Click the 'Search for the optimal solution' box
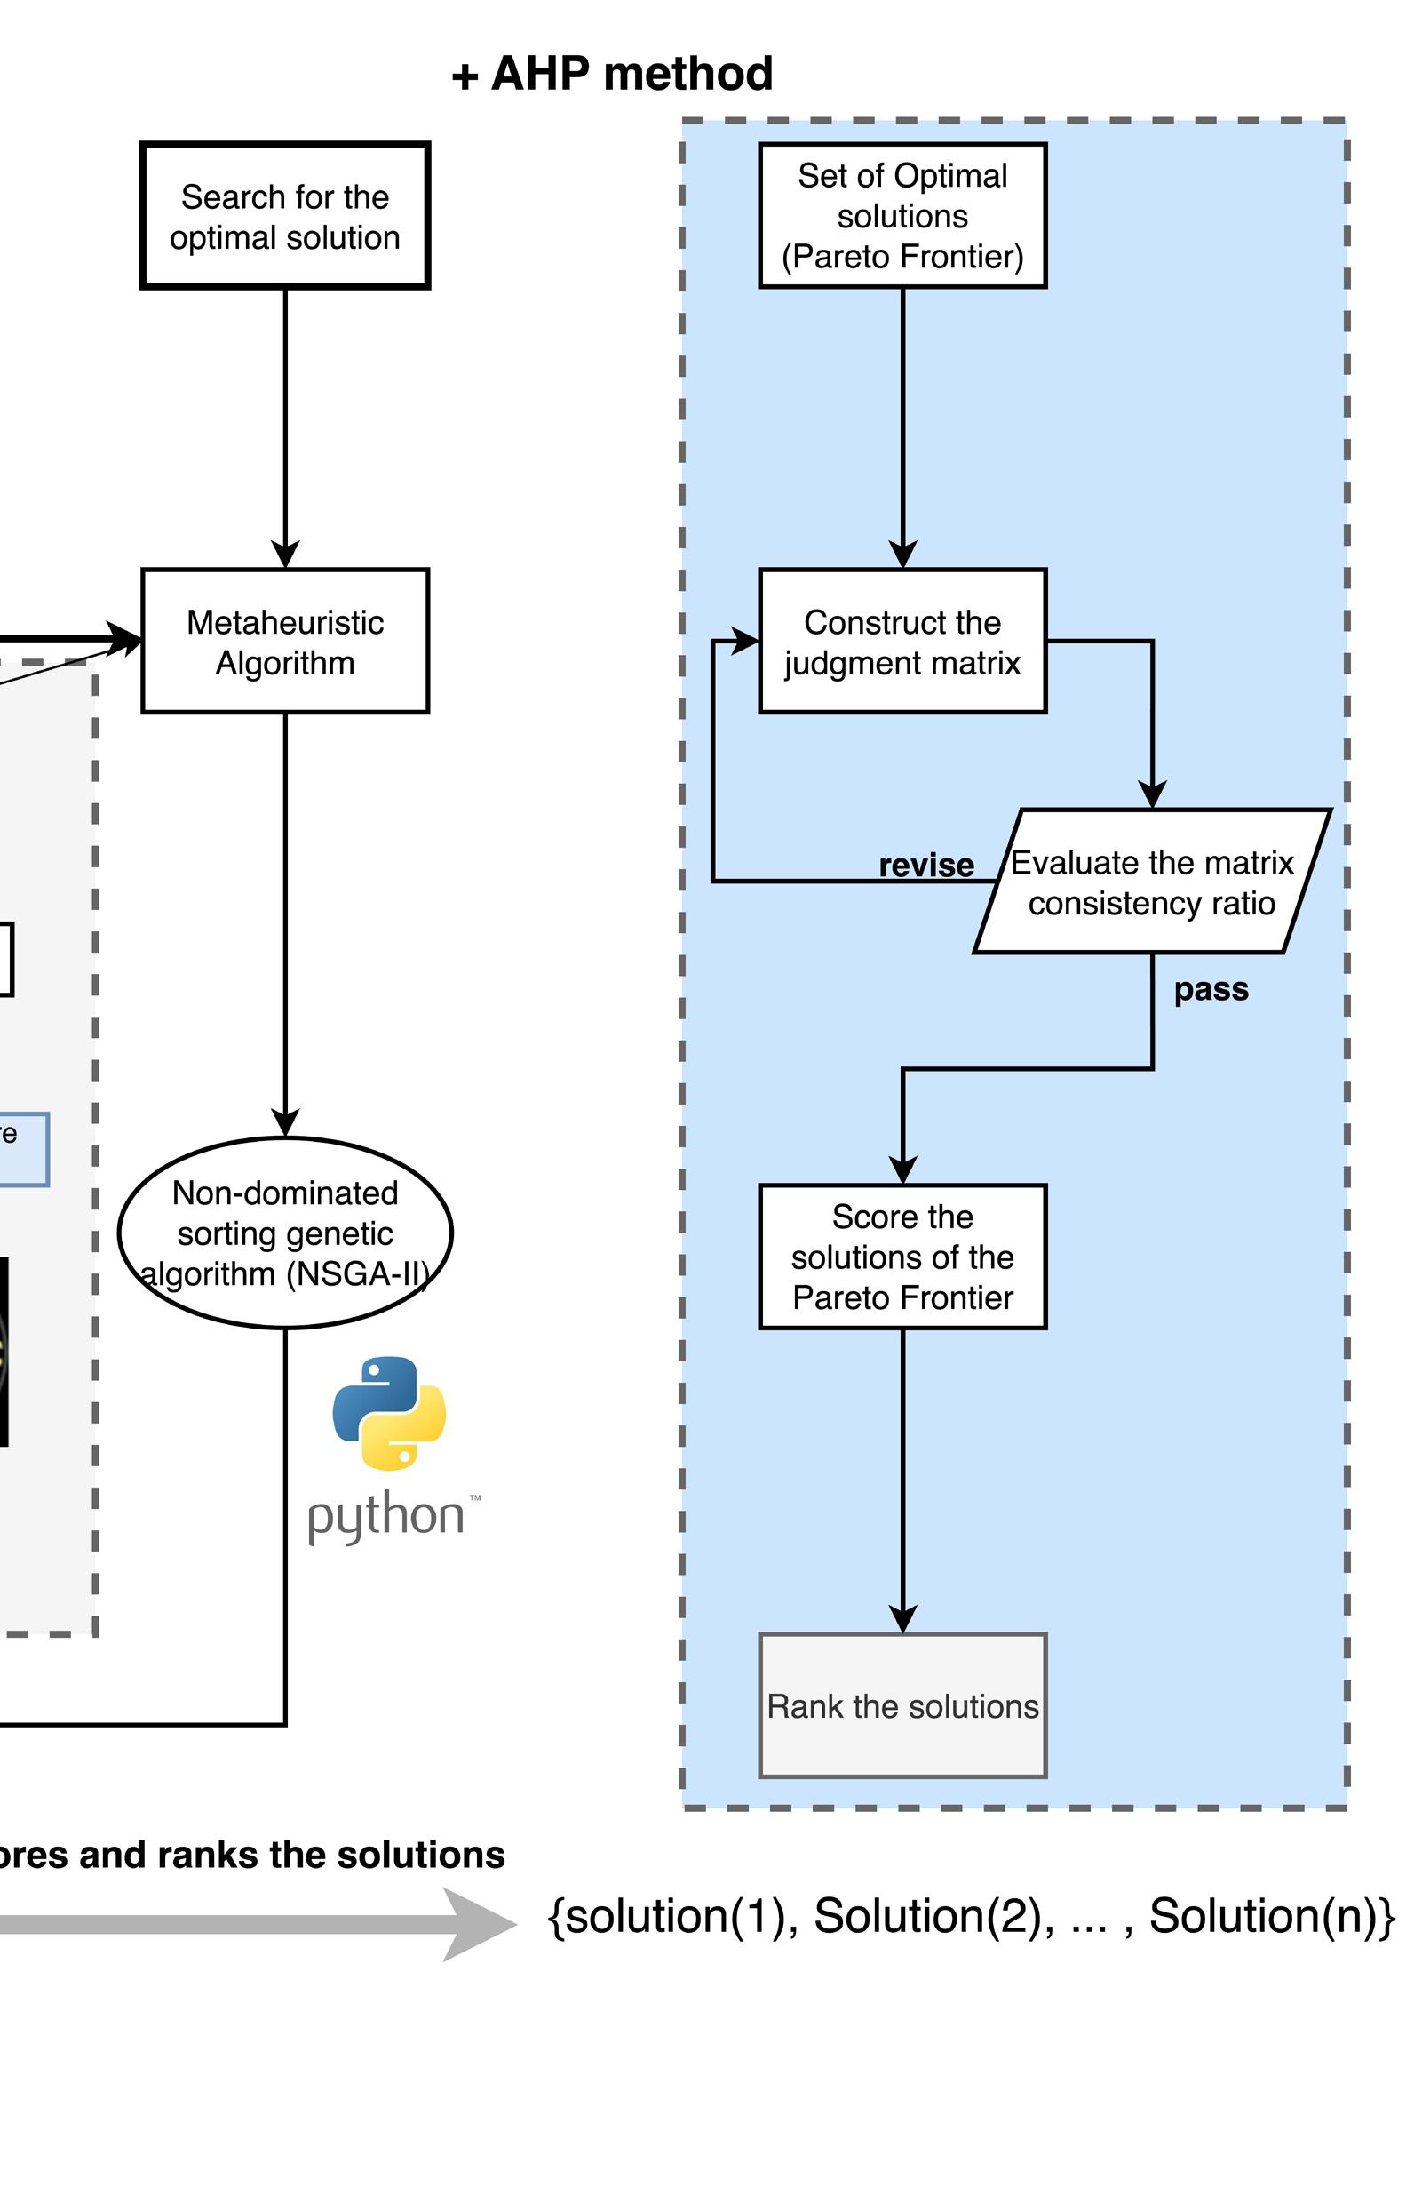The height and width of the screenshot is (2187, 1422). pos(285,216)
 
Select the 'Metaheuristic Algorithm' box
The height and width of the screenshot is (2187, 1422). pos(285,642)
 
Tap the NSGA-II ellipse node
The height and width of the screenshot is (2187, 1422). pos(285,1233)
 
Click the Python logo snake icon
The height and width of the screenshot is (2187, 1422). pos(390,1413)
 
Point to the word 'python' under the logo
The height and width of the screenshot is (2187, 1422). pos(385,1516)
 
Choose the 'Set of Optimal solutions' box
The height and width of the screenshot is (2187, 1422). pos(902,216)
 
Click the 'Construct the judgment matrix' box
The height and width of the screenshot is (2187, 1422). pos(902,642)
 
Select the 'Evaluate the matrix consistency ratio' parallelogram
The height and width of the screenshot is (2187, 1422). pos(1152,882)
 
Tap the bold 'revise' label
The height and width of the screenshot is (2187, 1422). pos(926,866)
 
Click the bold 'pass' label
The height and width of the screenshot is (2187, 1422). pos(1211,990)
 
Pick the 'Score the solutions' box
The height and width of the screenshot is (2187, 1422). pos(902,1257)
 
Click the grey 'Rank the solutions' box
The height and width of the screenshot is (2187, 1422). pos(902,1706)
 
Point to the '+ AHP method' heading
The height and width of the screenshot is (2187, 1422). pos(613,74)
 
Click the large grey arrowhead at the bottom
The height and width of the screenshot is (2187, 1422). pos(478,1924)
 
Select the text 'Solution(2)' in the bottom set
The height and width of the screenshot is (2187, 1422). pos(933,1917)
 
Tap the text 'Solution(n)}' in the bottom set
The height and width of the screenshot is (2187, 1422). pos(1272,1917)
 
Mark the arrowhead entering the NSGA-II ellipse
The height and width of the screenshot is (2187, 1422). pos(286,1123)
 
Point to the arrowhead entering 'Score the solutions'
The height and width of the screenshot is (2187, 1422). pos(903,1170)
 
